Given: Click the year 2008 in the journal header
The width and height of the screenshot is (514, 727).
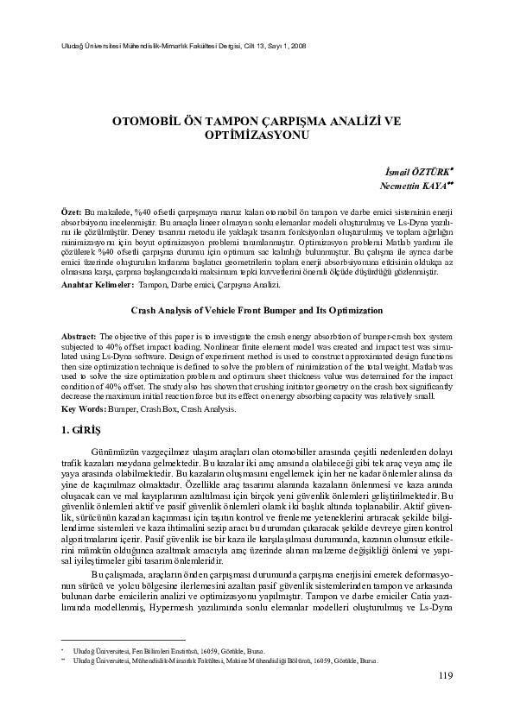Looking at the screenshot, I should tap(296, 45).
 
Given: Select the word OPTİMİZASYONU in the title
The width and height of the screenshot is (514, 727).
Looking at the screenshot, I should tap(257, 136).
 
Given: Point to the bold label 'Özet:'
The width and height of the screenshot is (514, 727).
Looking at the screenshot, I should tap(71, 212).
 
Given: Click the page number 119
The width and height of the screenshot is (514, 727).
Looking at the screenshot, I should tap(445, 699).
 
